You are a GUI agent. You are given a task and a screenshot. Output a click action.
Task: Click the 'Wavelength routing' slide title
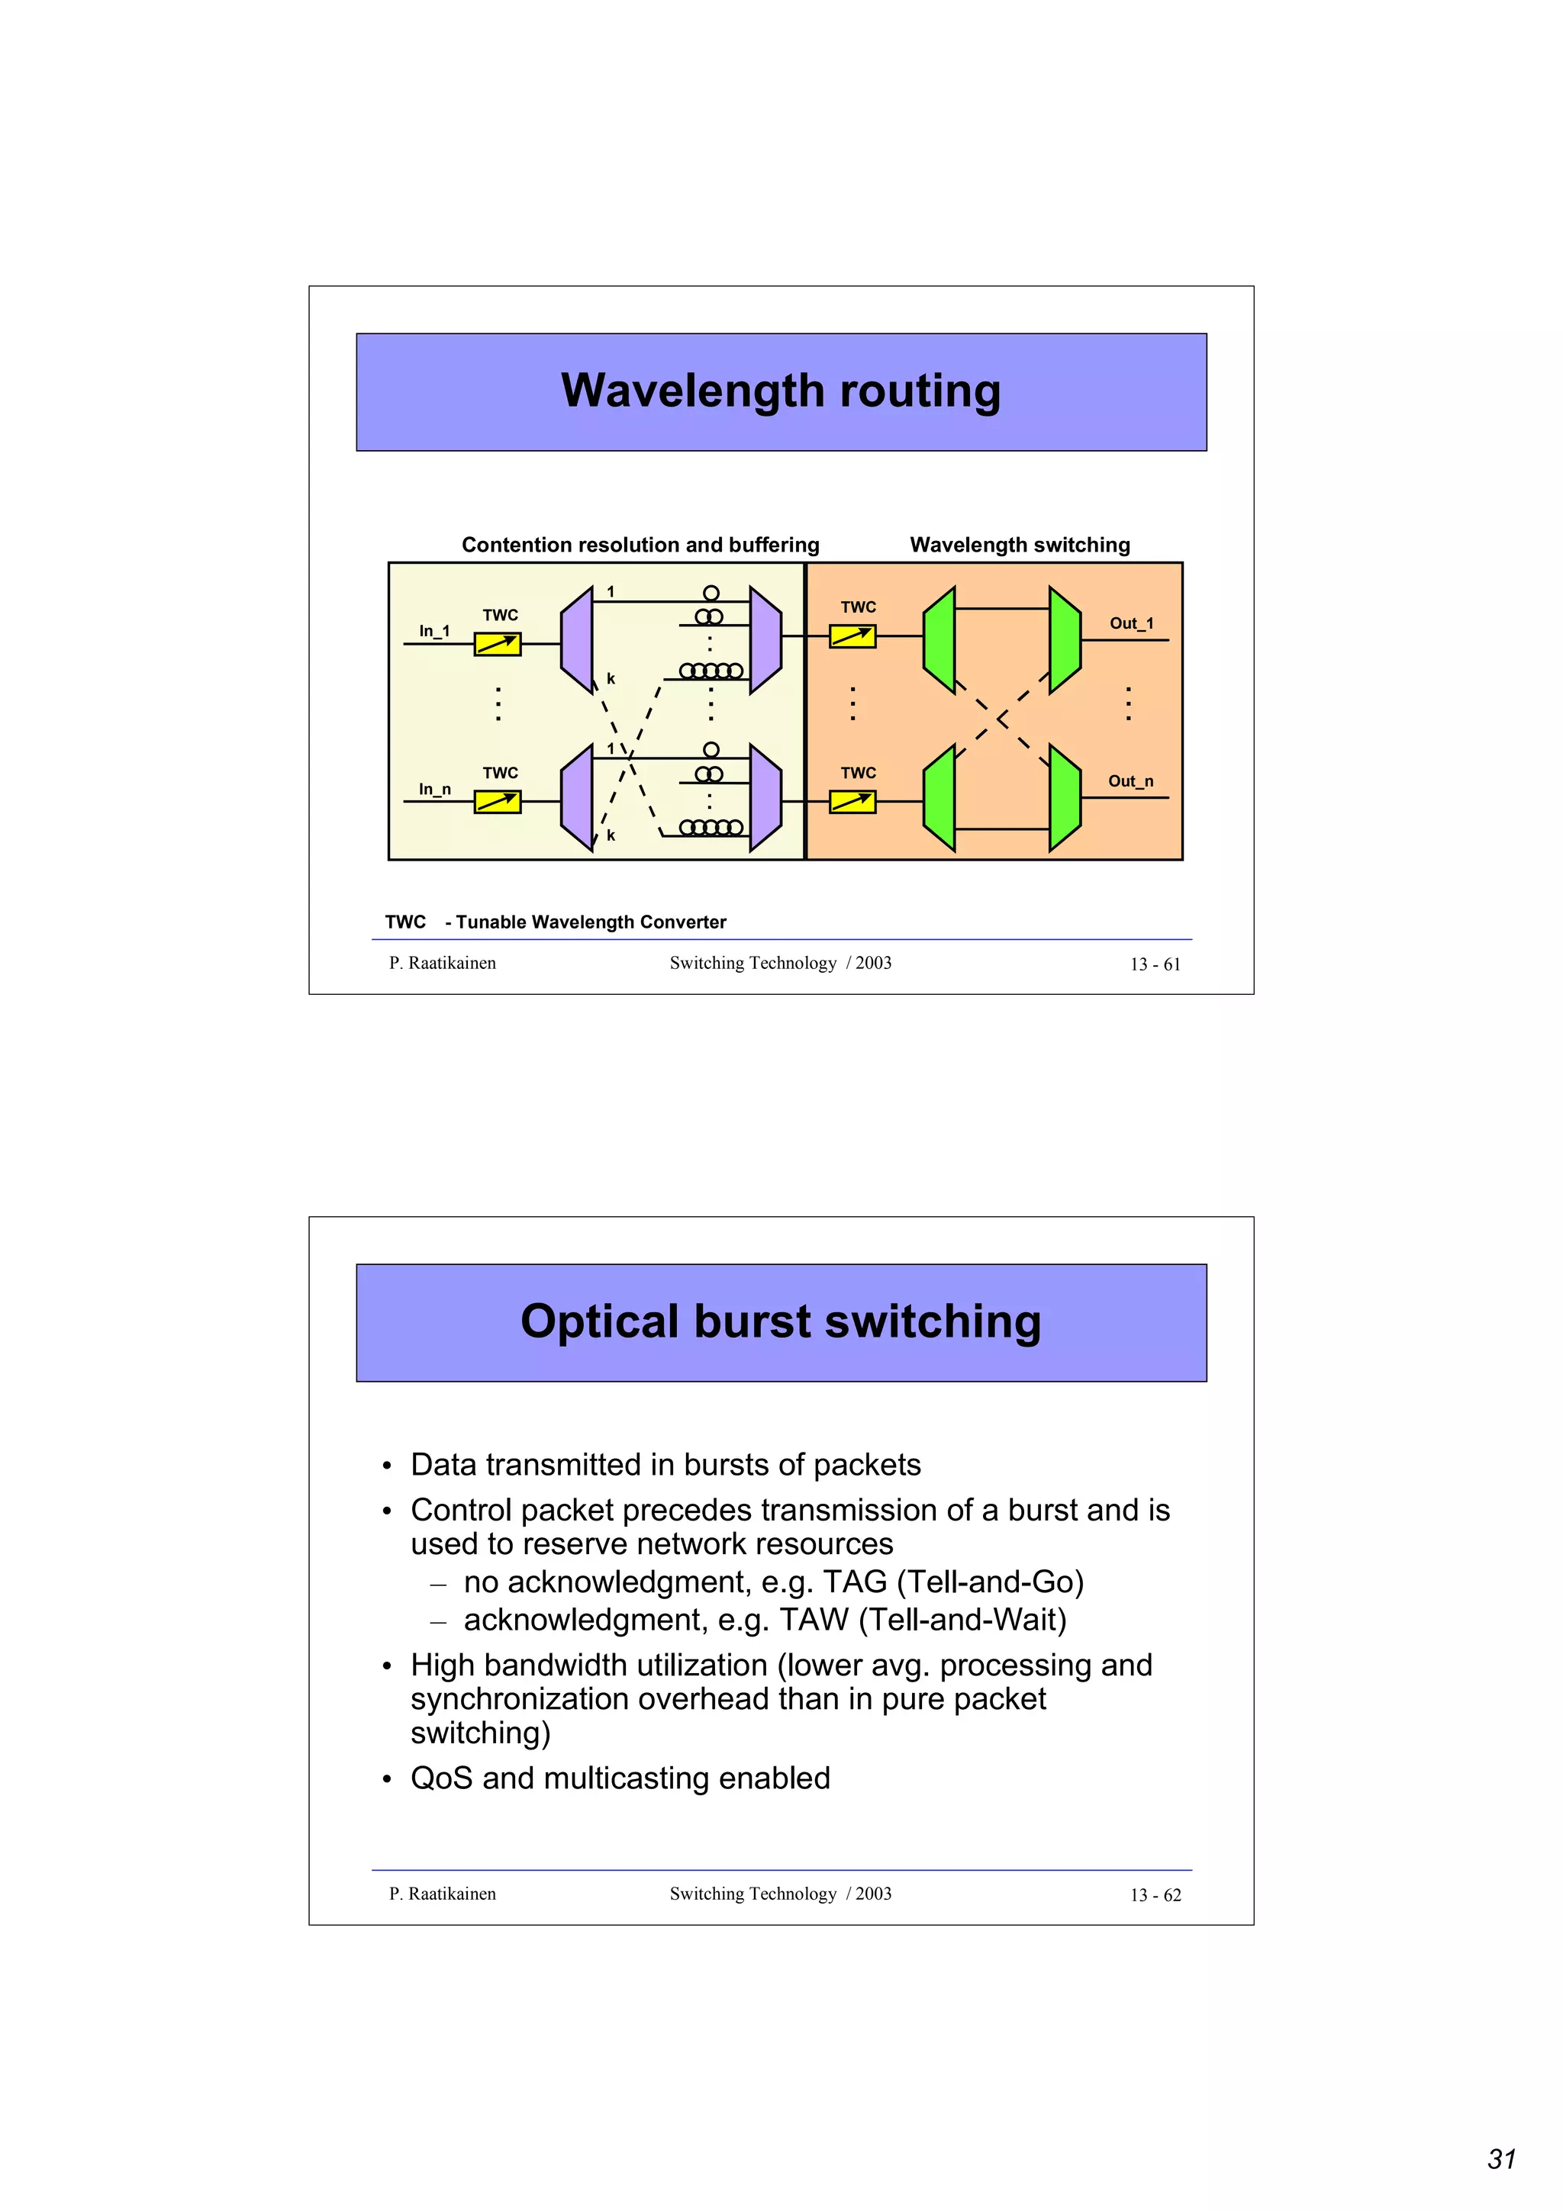[x=780, y=391]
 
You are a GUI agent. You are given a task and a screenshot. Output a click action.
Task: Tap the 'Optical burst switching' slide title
[x=780, y=1321]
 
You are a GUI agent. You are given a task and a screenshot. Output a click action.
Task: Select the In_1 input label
[x=433, y=631]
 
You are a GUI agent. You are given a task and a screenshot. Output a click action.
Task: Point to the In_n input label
[x=434, y=789]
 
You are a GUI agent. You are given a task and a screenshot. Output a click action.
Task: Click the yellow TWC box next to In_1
[x=497, y=644]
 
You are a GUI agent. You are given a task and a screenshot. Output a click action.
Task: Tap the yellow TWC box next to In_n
[x=497, y=801]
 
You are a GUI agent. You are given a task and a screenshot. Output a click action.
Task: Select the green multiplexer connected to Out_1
[x=1064, y=639]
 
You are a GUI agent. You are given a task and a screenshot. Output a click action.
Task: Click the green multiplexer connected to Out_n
[x=1064, y=797]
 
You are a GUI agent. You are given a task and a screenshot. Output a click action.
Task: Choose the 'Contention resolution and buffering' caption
[x=640, y=545]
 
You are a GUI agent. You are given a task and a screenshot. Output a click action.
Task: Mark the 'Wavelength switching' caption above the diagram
[x=1019, y=545]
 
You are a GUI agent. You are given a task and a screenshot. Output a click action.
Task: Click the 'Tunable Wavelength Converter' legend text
[x=591, y=922]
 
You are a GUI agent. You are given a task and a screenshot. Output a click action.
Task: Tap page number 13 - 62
[x=1155, y=1894]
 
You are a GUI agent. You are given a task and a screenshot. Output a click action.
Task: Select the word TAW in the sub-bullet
[x=814, y=1620]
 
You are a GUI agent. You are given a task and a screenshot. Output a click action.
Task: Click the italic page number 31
[x=1501, y=2159]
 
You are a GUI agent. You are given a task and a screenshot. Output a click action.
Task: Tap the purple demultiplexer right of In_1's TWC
[x=577, y=639]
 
